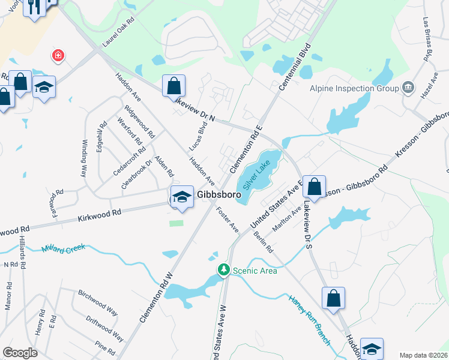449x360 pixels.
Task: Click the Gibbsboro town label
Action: coord(219,195)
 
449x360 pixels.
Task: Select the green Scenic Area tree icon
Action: coord(224,270)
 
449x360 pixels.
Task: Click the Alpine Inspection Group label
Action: coord(354,89)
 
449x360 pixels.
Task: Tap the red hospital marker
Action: coord(58,56)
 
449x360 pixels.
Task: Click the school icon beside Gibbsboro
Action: coord(181,197)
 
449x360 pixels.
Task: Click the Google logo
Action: coord(20,353)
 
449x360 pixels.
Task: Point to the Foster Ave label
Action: coord(228,220)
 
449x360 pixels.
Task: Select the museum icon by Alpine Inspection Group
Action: coord(408,88)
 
